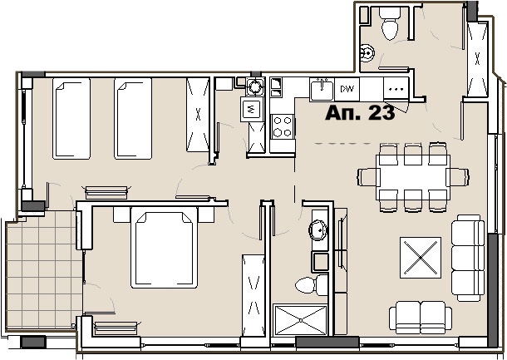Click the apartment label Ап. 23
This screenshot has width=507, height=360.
coord(360,113)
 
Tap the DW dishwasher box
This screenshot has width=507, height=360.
coord(347,89)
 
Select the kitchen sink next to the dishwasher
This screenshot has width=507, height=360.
coord(322,90)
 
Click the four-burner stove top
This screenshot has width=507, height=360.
coord(283,126)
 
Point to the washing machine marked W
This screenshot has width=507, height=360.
coord(252,109)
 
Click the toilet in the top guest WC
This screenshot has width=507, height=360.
coord(390,23)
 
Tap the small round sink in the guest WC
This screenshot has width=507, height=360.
coord(367,52)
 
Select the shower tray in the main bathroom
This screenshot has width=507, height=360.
coord(300,320)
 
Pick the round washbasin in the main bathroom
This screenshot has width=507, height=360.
coord(318,230)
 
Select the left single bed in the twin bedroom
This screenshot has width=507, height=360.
coord(71,118)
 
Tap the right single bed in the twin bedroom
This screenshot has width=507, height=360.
coord(133,118)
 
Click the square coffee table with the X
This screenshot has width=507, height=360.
coord(421,258)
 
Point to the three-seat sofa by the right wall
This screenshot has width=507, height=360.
coord(468,258)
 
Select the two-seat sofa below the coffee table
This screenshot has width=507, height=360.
coord(421,318)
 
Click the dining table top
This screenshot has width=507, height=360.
coord(413,177)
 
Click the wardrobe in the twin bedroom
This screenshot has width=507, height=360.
coord(198,115)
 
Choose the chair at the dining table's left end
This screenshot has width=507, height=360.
coord(368,177)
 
